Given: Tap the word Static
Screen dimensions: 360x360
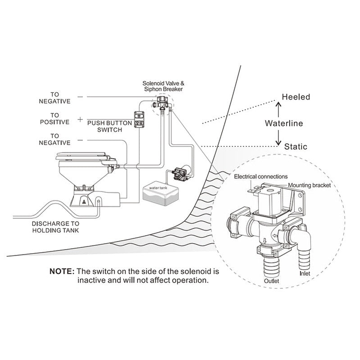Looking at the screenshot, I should tap(296, 146).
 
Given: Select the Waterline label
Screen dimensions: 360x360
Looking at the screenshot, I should tap(283, 123).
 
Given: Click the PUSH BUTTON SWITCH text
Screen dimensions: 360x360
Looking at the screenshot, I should tap(109, 126).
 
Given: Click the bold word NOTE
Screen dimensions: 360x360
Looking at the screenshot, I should tap(62, 272).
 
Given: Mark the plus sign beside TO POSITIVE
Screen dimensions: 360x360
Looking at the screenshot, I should tap(80, 120).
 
